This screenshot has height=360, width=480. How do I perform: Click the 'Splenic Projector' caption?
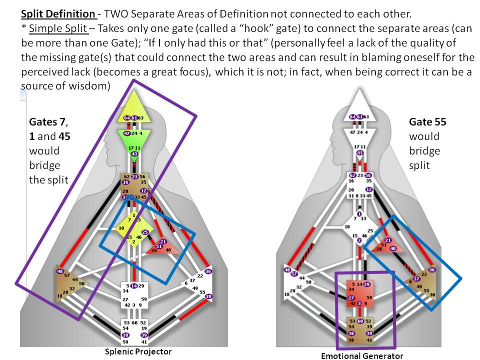click(x=138, y=351)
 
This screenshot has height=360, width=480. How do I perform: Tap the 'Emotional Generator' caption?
click(x=362, y=356)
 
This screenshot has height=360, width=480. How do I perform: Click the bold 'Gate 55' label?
click(x=427, y=121)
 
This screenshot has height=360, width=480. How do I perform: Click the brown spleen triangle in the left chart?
click(x=67, y=283)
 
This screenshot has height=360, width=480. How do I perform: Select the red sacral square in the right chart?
click(x=359, y=294)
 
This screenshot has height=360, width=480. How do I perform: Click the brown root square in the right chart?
click(x=359, y=330)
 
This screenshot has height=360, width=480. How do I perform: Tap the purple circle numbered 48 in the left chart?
click(x=60, y=271)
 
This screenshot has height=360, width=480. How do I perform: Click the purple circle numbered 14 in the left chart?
click(x=134, y=286)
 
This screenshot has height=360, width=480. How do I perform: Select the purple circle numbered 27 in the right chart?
click(x=351, y=298)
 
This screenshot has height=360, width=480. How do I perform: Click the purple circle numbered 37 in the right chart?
click(x=416, y=278)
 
